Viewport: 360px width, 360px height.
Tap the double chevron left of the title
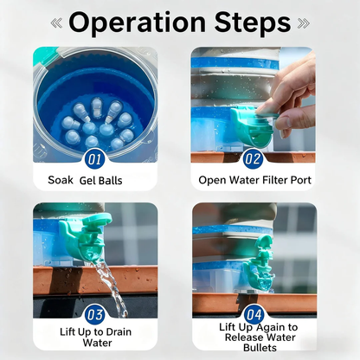(x=56, y=23)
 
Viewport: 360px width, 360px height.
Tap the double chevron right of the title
(x=303, y=23)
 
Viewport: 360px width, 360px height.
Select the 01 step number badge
(x=95, y=158)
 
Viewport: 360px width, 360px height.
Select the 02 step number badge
(x=253, y=158)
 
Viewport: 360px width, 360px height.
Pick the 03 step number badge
(x=95, y=314)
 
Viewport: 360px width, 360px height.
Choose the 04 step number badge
(x=253, y=314)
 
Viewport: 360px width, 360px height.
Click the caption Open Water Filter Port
(x=254, y=180)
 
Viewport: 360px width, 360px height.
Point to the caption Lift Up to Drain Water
(x=96, y=337)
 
